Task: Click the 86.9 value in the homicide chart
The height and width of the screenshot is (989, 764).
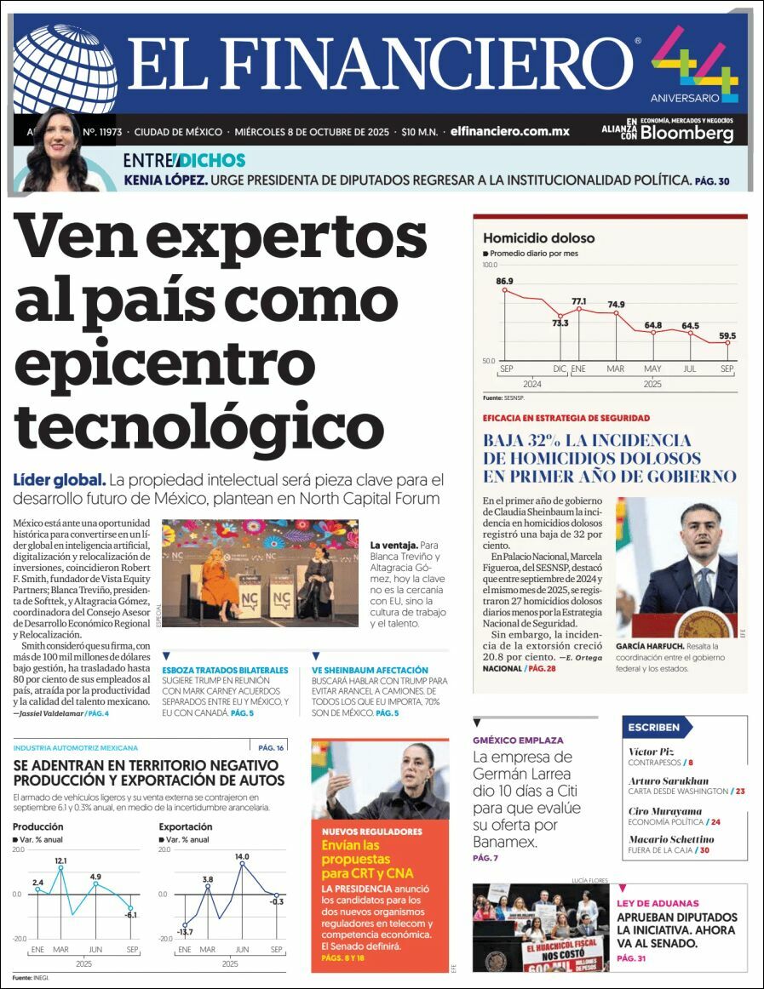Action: (504, 281)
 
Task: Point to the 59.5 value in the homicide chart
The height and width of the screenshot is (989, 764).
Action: (727, 335)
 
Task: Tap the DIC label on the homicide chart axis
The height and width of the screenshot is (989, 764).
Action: (560, 368)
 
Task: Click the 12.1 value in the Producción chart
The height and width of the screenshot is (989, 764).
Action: (60, 860)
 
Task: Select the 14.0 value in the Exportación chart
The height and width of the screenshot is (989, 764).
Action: (242, 856)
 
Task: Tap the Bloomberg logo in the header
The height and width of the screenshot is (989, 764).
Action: (686, 134)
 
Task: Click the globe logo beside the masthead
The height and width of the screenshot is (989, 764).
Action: (66, 68)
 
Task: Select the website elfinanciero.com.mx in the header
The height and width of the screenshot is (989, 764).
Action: (509, 132)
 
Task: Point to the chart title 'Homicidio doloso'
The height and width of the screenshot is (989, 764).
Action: (538, 238)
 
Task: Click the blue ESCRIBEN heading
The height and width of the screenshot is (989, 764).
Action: (654, 727)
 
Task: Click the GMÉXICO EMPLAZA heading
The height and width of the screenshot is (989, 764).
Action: (517, 740)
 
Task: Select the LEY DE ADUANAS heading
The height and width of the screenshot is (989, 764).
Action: (658, 903)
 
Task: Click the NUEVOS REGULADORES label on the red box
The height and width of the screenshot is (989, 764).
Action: (371, 831)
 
